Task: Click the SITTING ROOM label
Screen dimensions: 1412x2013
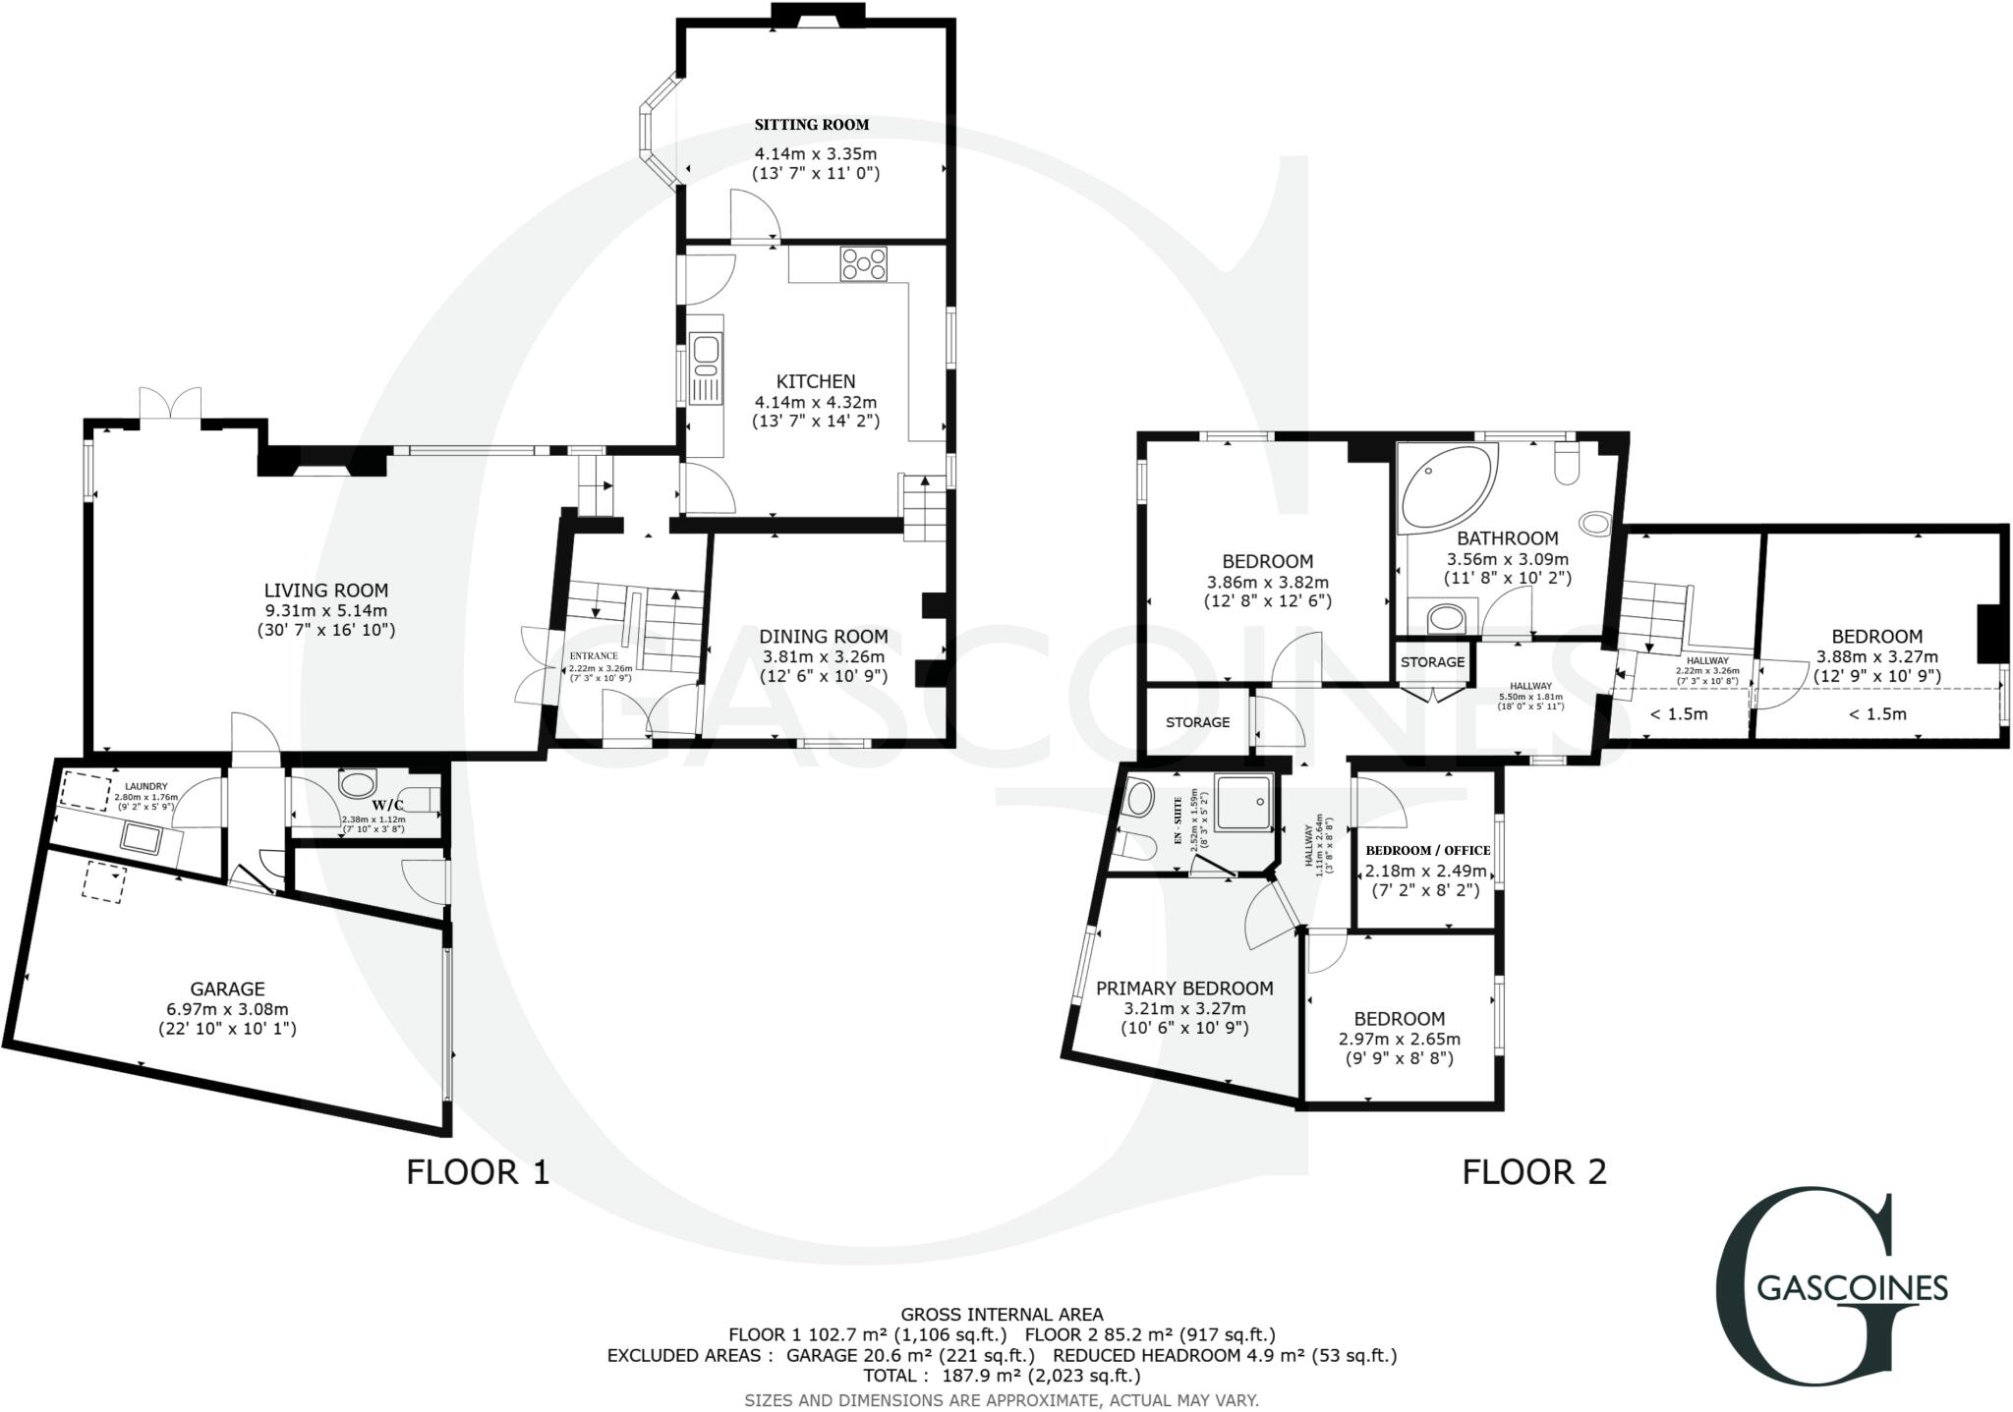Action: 812,125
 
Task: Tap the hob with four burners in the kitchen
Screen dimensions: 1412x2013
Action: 863,263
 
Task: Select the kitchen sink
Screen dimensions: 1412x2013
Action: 705,355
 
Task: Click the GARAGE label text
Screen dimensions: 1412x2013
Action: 227,988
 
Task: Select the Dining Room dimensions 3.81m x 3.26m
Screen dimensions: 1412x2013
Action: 823,656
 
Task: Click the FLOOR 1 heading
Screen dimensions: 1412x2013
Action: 478,1172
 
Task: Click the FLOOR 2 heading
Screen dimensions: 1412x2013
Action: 1533,1172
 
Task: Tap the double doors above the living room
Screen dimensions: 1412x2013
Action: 170,406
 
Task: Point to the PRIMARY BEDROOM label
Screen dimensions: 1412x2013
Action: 1184,988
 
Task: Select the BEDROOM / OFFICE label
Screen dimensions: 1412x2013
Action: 1427,850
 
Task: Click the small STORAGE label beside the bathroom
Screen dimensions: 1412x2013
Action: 1432,662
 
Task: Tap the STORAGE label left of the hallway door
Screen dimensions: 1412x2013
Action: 1197,722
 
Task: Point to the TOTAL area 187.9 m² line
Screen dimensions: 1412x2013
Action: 1002,1376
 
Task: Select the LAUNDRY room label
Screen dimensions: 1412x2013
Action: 146,786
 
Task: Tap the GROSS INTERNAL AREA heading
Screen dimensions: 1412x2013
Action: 1002,1314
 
